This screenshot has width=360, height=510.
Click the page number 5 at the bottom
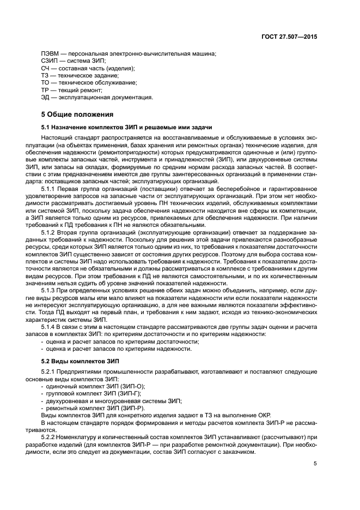[x=315, y=464]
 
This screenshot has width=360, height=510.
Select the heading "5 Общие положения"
[x=77, y=115]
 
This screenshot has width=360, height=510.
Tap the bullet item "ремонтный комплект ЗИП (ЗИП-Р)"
[x=95, y=408]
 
